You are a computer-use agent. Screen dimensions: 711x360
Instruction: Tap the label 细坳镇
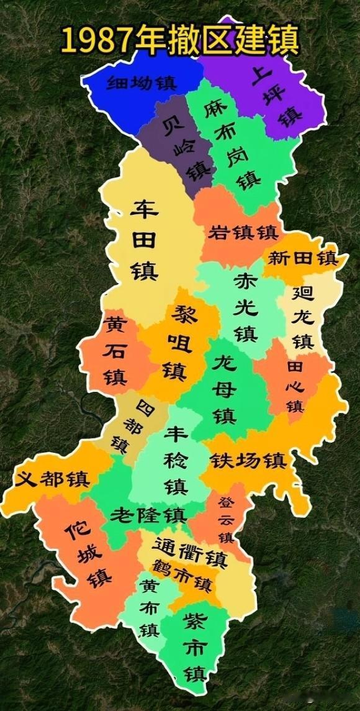tap(142, 83)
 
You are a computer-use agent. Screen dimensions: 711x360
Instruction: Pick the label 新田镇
tap(302, 258)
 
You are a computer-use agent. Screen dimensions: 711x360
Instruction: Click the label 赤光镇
tap(245, 308)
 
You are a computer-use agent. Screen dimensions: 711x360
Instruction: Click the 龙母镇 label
tap(224, 389)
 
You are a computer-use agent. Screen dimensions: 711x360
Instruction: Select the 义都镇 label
tap(53, 479)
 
